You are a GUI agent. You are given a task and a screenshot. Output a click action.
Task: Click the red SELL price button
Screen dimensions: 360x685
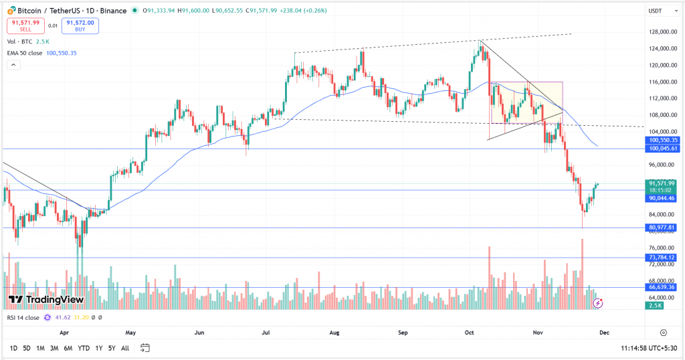(x=26, y=25)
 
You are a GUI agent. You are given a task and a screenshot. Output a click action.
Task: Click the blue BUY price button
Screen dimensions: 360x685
(x=81, y=25)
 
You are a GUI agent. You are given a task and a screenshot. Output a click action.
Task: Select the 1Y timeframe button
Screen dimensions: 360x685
(x=99, y=348)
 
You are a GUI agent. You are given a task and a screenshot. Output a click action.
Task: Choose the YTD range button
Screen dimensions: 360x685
(x=84, y=348)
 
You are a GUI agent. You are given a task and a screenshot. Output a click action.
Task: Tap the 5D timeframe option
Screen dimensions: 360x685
(x=26, y=348)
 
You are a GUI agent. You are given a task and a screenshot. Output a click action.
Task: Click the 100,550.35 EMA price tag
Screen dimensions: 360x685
(x=661, y=140)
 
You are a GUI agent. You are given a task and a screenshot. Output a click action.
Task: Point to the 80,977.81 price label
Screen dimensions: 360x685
(x=661, y=228)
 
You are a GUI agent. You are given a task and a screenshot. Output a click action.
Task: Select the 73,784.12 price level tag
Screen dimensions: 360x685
(x=661, y=258)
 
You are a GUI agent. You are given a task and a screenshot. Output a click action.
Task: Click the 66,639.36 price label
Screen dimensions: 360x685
(x=661, y=287)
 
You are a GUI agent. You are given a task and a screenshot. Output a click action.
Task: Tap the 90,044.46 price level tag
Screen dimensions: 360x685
(x=661, y=198)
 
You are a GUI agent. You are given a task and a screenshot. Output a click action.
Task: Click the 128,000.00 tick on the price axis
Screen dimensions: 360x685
(x=660, y=32)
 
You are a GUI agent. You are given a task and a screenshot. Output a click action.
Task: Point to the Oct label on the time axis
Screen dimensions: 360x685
(x=469, y=332)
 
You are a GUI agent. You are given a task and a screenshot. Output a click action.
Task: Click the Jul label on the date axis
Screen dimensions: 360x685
(x=267, y=332)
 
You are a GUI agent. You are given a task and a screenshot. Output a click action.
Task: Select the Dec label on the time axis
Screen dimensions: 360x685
(x=604, y=332)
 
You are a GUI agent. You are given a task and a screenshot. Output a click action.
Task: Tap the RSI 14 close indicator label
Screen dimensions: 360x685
(x=23, y=317)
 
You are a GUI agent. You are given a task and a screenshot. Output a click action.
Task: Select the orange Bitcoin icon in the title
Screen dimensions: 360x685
(x=11, y=11)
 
